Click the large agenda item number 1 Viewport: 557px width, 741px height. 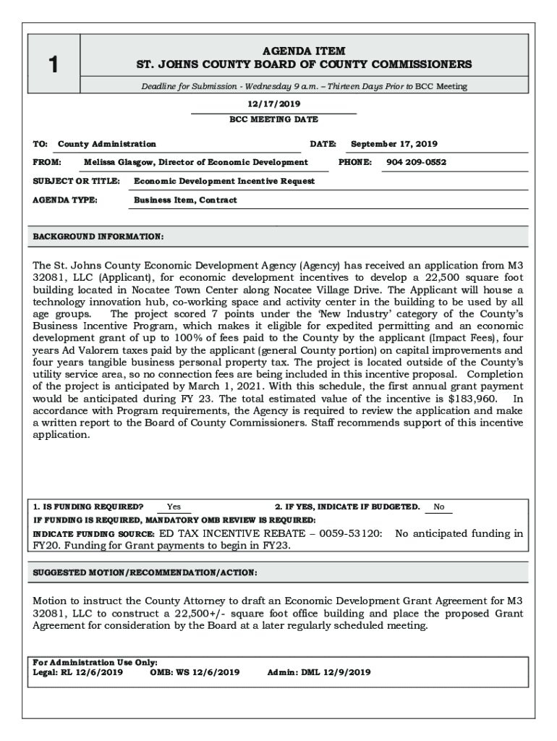[53, 66]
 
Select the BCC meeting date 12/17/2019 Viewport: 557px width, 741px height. [273, 104]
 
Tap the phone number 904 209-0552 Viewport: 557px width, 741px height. [416, 162]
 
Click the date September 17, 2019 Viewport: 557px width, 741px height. [394, 144]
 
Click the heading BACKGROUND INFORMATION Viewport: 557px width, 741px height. [98, 237]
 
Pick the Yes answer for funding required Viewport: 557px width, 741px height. [174, 507]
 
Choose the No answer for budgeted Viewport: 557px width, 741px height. [439, 507]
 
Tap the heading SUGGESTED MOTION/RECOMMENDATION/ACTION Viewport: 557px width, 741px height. [145, 572]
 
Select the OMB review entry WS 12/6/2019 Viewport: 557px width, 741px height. [208, 672]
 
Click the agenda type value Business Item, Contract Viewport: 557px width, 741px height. [185, 200]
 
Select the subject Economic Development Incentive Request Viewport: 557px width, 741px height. [224, 181]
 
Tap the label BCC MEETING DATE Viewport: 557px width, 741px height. [273, 119]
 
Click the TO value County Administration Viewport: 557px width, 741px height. [107, 144]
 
